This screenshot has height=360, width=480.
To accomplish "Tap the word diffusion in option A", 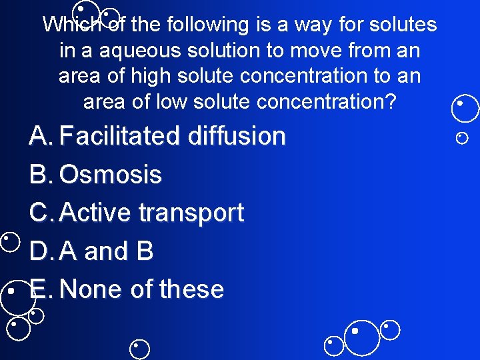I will [237, 136].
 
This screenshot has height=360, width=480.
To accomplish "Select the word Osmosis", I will [110, 175].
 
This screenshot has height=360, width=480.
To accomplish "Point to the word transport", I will [191, 213].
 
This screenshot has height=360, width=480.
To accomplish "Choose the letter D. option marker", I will [41, 251].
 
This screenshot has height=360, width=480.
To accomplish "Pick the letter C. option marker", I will [41, 213].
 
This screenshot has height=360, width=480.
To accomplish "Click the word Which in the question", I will [70, 25].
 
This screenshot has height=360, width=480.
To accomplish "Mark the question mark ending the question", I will [391, 101].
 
